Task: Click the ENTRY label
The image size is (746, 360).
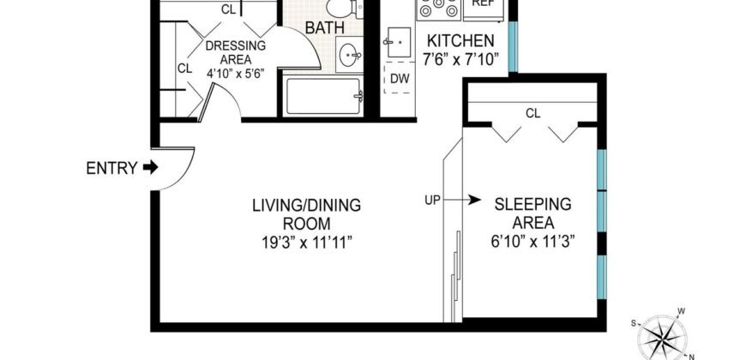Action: tap(111, 168)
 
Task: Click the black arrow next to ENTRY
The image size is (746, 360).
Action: tap(151, 168)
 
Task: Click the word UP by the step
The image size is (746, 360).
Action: tap(433, 201)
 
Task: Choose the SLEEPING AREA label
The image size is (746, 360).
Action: tap(532, 213)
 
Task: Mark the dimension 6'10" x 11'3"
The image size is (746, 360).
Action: tap(532, 242)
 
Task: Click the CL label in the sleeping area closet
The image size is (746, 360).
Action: tap(532, 112)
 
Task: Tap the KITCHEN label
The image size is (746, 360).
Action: tap(460, 40)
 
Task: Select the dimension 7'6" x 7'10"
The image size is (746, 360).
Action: tap(460, 59)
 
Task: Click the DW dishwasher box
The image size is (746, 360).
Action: tap(400, 80)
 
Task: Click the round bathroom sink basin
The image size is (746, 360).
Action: tap(350, 56)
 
